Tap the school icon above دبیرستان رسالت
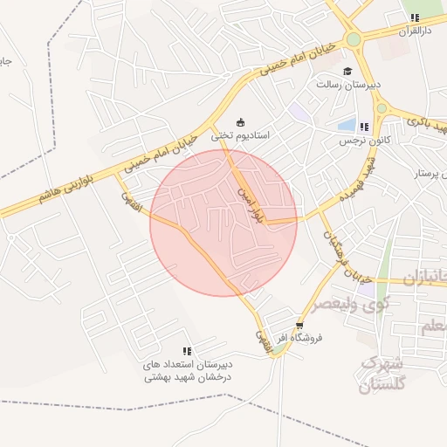click(x=347, y=72)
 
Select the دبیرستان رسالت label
click(x=347, y=86)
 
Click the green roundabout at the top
click(x=354, y=39)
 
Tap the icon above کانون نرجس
click(x=364, y=127)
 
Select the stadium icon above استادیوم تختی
click(x=242, y=121)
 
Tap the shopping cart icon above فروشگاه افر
click(x=300, y=325)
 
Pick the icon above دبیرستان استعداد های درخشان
click(x=186, y=351)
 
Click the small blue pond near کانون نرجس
click(x=347, y=125)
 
